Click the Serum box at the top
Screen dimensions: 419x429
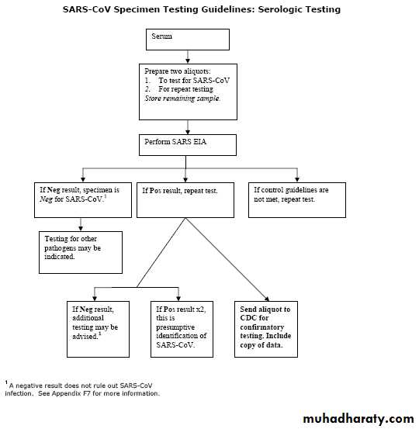point(188,40)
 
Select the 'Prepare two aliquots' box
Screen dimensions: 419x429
point(188,92)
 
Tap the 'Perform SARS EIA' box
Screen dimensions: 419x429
point(188,145)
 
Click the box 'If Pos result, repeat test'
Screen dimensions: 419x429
point(185,200)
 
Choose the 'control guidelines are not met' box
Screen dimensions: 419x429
point(297,200)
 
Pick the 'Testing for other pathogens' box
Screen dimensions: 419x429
point(81,252)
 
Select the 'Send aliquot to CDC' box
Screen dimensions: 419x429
point(266,329)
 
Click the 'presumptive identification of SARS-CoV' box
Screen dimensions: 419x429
point(182,329)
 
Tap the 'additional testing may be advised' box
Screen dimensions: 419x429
point(98,329)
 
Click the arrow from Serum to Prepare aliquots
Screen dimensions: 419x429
point(188,57)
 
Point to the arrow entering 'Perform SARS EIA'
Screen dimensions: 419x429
point(188,127)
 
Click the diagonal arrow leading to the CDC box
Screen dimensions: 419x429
point(227,259)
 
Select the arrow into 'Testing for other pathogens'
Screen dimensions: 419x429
point(81,225)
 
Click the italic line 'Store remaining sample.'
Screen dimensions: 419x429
point(182,99)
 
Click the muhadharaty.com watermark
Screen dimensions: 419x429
point(358,419)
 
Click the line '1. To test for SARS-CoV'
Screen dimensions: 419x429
point(187,81)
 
